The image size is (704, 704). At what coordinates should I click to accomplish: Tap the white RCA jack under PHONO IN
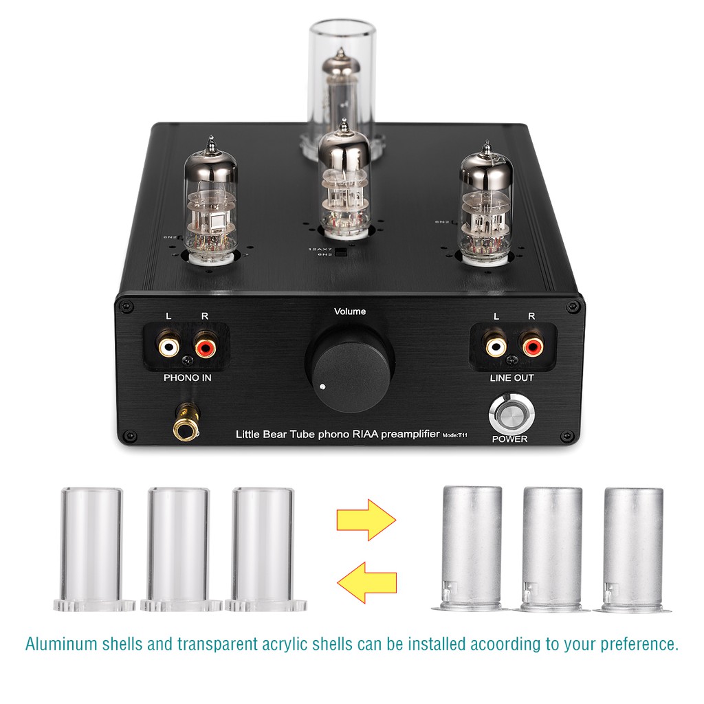coord(168,345)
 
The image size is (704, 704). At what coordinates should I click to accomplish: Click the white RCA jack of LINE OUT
coord(495,344)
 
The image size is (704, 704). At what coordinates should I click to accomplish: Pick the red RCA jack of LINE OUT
coord(531,344)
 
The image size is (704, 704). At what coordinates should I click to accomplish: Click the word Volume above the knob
coord(350,311)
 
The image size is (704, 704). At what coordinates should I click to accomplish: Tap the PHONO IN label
coord(188,377)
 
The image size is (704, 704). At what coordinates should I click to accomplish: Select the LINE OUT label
coord(511,377)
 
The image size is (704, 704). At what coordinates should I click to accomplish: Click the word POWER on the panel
coord(510,439)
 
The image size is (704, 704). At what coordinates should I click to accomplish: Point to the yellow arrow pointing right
coord(366,520)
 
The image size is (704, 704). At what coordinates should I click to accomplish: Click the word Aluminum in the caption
coord(61,645)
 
